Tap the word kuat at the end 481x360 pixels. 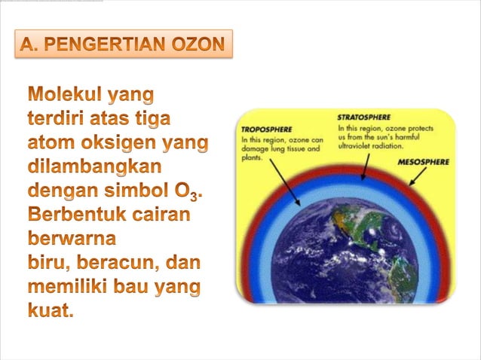tap(51, 310)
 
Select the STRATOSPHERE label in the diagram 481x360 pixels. tap(363, 118)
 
